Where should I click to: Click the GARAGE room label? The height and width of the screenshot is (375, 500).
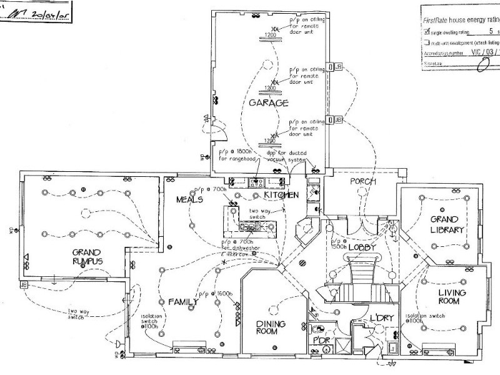click(269, 102)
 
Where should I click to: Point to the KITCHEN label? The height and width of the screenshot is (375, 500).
click(281, 195)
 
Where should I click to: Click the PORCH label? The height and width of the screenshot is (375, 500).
click(363, 182)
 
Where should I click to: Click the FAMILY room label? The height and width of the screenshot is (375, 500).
click(183, 302)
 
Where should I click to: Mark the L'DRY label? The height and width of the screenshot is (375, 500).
click(381, 318)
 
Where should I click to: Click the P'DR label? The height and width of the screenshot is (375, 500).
click(321, 339)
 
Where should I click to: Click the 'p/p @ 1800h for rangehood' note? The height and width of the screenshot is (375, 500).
click(236, 156)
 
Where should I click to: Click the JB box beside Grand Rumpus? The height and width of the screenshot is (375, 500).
click(24, 285)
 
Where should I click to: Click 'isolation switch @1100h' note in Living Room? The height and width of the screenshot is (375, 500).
click(425, 319)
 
